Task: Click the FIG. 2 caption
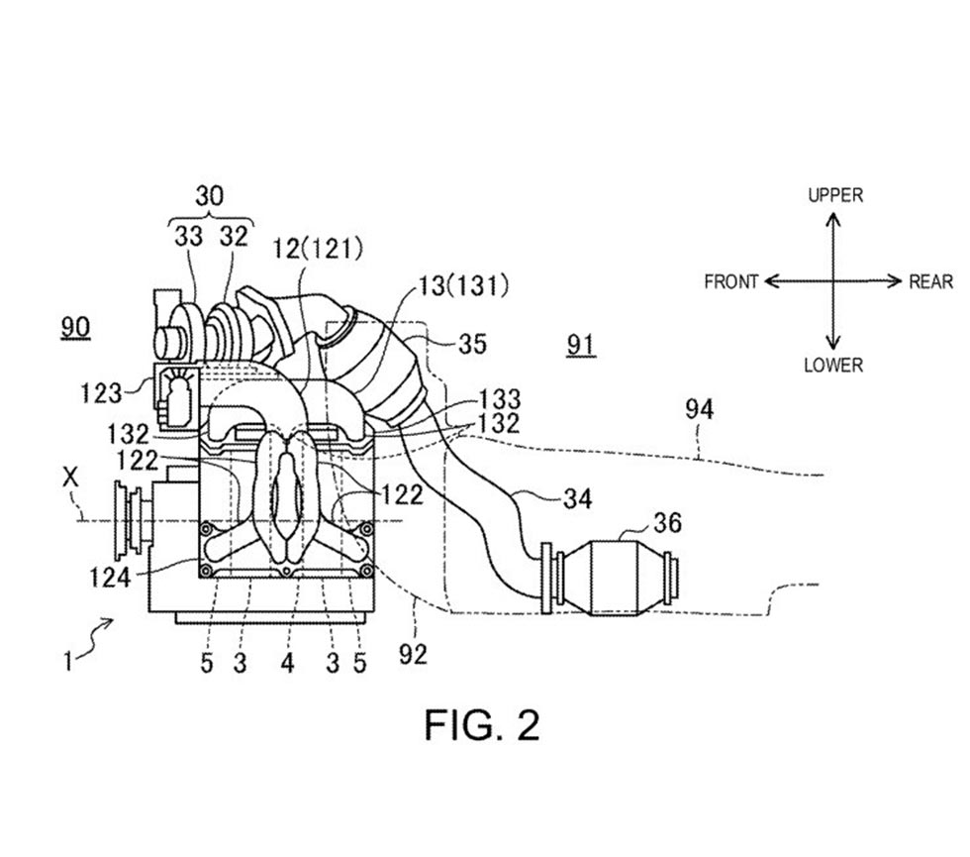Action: coord(482,725)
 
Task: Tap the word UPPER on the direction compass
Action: coord(834,195)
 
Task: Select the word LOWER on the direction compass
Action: coord(832,366)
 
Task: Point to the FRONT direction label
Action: coord(730,281)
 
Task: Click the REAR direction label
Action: coord(930,281)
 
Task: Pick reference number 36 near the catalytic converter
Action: coord(667,522)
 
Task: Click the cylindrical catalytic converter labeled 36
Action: coord(617,578)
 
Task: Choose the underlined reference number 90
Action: coord(75,328)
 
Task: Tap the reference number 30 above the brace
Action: coord(209,196)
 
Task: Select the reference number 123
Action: coord(102,392)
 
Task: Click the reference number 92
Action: coord(414,654)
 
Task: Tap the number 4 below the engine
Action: coord(286,663)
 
